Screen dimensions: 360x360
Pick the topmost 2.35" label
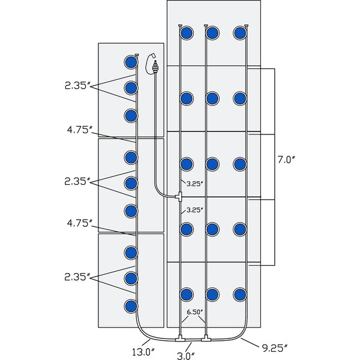pyautogui.click(x=77, y=85)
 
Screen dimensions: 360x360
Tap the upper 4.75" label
pyautogui.click(x=80, y=129)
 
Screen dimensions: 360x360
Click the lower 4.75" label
pyautogui.click(x=80, y=223)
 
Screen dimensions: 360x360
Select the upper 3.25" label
pyautogui.click(x=194, y=183)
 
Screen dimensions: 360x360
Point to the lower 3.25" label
pyautogui.click(x=194, y=210)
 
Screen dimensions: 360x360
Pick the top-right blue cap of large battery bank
pyautogui.click(x=240, y=32)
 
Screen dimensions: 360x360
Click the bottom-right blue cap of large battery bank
pyautogui.click(x=240, y=294)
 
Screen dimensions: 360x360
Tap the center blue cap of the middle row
pyautogui.click(x=212, y=163)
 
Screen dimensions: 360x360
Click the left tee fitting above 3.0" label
pyautogui.click(x=181, y=340)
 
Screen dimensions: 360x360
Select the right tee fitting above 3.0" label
pyautogui.click(x=206, y=340)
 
